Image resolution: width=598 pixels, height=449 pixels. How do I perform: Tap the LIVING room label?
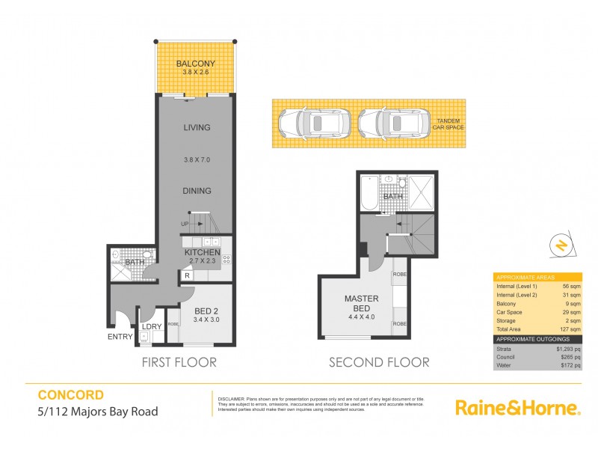(x=197, y=127)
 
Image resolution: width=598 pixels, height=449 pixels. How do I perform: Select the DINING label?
(x=197, y=191)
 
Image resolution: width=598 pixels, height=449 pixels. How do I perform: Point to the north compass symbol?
(x=558, y=245)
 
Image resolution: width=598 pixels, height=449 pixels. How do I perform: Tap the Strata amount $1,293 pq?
(x=567, y=349)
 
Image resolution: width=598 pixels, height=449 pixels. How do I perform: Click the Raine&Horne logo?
(x=518, y=408)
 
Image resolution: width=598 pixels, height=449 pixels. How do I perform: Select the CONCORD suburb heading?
(x=70, y=394)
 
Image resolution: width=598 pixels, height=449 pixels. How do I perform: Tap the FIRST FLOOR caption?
(x=179, y=362)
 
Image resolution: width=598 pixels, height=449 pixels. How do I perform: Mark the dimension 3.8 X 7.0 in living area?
(x=197, y=159)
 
